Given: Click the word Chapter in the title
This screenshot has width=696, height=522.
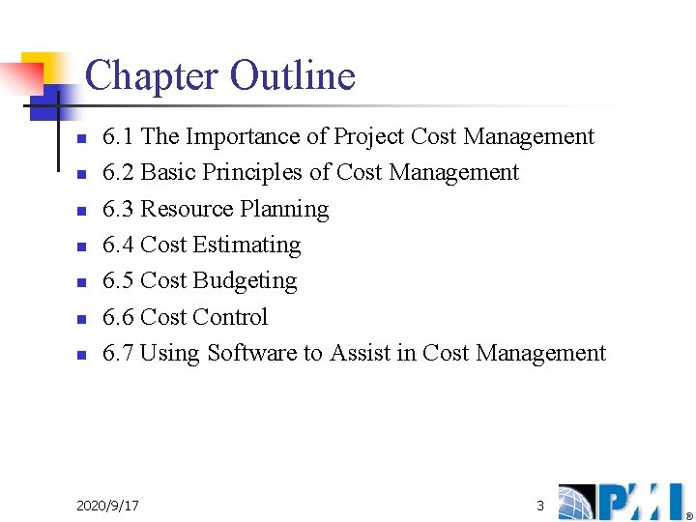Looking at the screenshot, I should (152, 76).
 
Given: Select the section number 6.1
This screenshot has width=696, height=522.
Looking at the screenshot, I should (118, 136).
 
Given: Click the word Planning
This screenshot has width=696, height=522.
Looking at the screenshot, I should (284, 210).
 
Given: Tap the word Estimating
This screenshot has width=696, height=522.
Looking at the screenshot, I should (246, 246).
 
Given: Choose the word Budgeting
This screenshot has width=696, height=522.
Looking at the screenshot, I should (245, 281).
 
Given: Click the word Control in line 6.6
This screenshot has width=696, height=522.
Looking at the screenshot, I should (230, 317).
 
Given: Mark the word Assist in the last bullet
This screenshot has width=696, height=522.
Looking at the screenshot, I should (360, 353).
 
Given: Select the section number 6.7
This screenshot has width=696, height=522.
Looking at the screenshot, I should (118, 353).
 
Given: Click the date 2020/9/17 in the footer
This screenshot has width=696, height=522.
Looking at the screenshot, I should (107, 506).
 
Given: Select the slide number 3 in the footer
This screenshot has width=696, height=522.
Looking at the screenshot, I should (540, 506).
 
